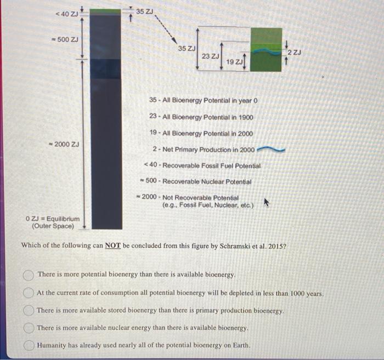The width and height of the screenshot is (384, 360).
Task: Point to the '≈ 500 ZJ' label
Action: [x=65, y=39]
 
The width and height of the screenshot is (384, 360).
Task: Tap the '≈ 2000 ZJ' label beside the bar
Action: [x=64, y=144]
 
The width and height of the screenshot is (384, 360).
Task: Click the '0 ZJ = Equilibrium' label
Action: [x=52, y=219]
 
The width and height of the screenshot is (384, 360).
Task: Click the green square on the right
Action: [x=266, y=49]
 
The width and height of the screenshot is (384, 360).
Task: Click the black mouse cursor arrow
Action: [x=267, y=203]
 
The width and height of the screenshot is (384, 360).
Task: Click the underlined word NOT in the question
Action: [x=113, y=245]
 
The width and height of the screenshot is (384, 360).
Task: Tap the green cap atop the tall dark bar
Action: [x=106, y=11]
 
